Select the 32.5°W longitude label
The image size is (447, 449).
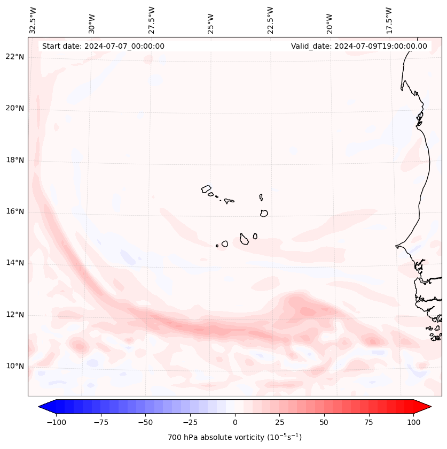point(33,20)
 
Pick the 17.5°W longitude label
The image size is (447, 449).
point(389,20)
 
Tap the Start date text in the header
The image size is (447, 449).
point(103,46)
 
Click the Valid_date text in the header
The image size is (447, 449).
point(359,46)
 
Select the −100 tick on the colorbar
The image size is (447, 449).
point(56,422)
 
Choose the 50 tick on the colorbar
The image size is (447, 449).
point(324,422)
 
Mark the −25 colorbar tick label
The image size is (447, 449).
point(190,422)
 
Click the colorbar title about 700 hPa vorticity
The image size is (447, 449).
point(235,437)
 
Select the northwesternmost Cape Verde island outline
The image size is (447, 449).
point(206,188)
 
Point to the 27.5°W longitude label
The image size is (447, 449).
point(152,20)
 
